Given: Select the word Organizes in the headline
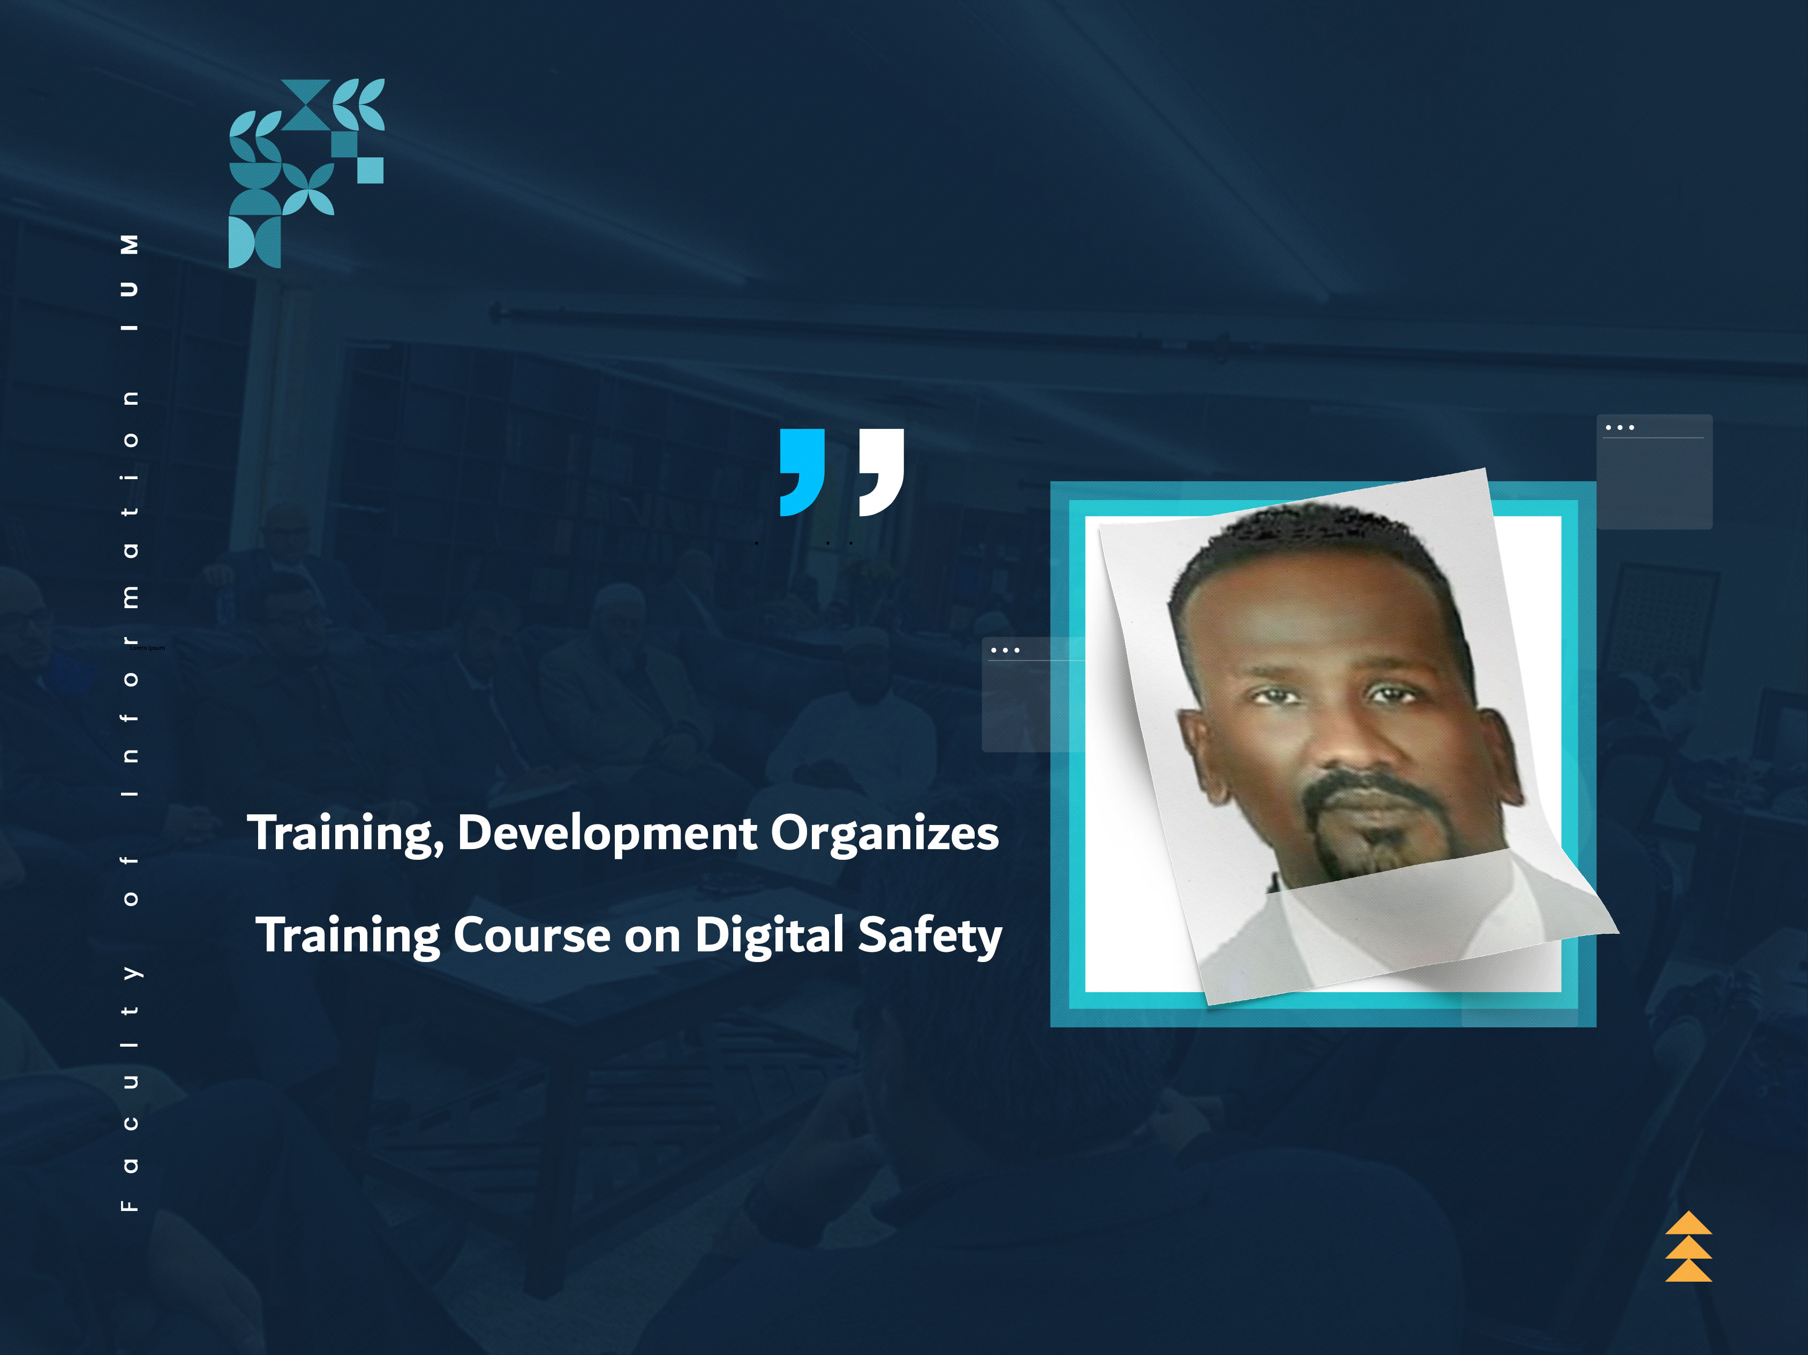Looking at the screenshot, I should (x=884, y=833).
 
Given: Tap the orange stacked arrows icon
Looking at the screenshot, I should (x=1688, y=1246).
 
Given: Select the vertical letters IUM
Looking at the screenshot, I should (x=129, y=282).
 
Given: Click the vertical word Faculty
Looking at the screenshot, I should (x=129, y=1087).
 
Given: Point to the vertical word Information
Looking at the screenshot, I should (x=129, y=593).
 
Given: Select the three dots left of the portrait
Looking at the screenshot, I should (x=1005, y=650).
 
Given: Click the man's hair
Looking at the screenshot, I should (x=1308, y=540).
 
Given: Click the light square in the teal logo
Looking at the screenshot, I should (x=370, y=170).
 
